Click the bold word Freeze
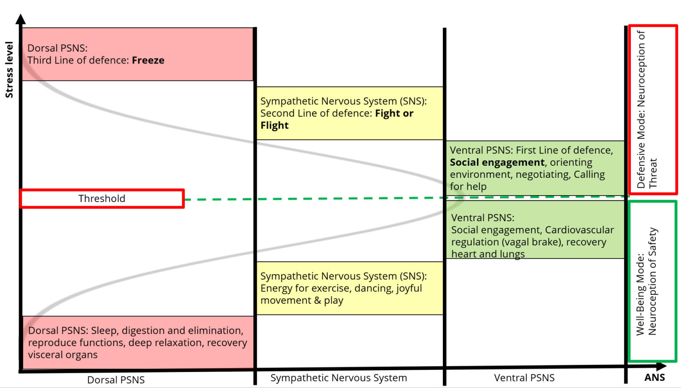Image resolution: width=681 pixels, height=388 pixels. click(148, 60)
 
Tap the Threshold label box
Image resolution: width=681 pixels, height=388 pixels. click(102, 199)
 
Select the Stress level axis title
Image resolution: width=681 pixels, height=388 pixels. click(9, 70)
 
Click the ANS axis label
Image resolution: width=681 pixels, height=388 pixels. click(654, 377)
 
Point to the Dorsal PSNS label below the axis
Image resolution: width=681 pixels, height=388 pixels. click(116, 380)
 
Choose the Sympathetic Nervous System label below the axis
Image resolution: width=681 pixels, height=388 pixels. click(339, 378)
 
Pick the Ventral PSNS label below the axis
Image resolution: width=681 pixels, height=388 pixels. click(524, 378)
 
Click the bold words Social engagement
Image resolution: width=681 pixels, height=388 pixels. click(497, 162)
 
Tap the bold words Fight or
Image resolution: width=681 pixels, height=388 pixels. click(394, 114)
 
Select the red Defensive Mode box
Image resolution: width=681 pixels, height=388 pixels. click(653, 110)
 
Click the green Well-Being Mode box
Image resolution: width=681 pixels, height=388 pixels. click(652, 281)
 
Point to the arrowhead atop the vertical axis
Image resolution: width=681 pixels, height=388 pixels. click(20, 19)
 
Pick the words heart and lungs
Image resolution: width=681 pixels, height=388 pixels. click(488, 254)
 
